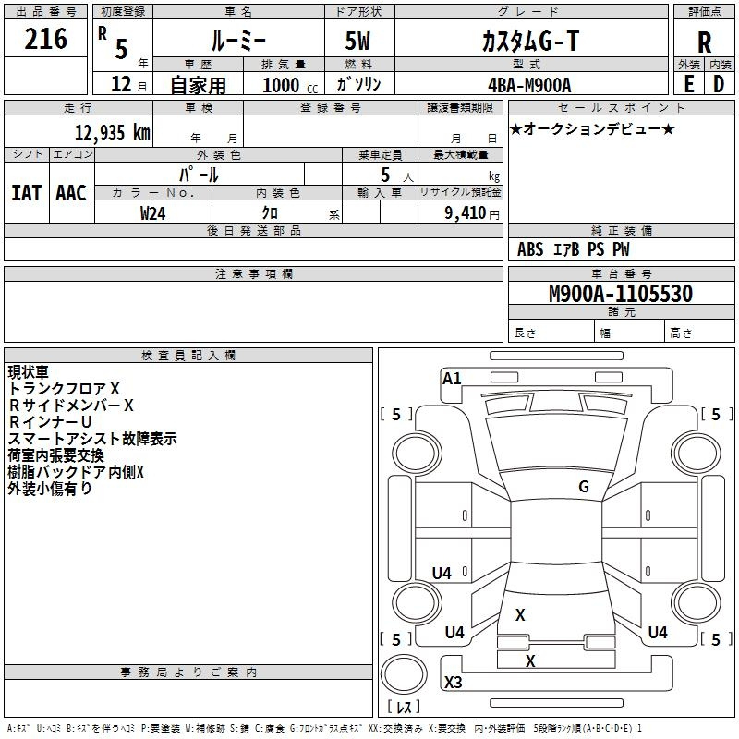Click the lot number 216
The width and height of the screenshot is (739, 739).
pyautogui.click(x=45, y=39)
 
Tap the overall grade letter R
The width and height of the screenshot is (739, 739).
pyautogui.click(x=704, y=42)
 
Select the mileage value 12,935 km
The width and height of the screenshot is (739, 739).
pyautogui.click(x=113, y=132)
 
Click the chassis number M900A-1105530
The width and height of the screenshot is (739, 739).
pyautogui.click(x=621, y=293)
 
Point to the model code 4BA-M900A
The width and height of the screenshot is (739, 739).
pyautogui.click(x=529, y=85)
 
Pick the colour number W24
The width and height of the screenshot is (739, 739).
pyautogui.click(x=153, y=213)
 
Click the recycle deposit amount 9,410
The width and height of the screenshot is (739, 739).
pyautogui.click(x=466, y=213)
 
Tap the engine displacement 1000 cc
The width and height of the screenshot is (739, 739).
pyautogui.click(x=290, y=85)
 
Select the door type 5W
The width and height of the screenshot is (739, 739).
pyautogui.click(x=357, y=41)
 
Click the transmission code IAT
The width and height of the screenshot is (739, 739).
pyautogui.click(x=26, y=193)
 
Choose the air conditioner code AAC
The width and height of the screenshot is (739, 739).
pyautogui.click(x=71, y=193)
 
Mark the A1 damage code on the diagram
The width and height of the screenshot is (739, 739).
pyautogui.click(x=452, y=379)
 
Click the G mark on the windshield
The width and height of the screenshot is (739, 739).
pyautogui.click(x=584, y=487)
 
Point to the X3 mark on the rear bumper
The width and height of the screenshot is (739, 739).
pyautogui.click(x=453, y=682)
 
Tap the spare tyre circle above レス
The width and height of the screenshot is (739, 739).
pyautogui.click(x=404, y=674)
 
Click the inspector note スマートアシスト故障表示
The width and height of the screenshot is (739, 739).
pyautogui.click(x=92, y=439)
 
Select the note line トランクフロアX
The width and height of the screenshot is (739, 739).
pyautogui.click(x=64, y=388)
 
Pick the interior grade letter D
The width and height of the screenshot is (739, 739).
pyautogui.click(x=719, y=84)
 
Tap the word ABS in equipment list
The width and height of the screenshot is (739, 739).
pyautogui.click(x=530, y=249)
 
